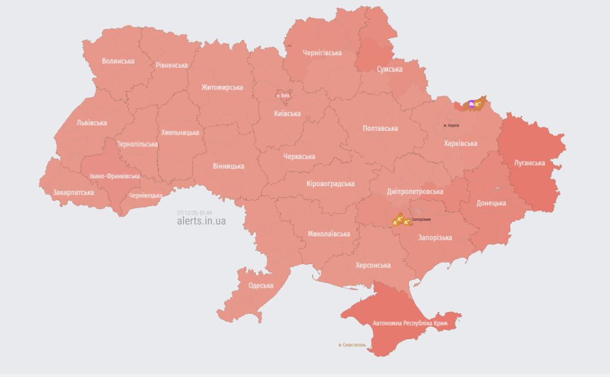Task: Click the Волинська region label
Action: tap(118, 61)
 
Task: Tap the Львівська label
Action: tap(91, 122)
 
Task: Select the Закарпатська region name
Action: tap(73, 192)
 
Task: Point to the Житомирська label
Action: tap(222, 87)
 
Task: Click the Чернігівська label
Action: tap(322, 52)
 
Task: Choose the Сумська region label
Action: tap(390, 69)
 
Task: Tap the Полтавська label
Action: tap(380, 128)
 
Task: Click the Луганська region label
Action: tap(529, 163)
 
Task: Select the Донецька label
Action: tap(491, 203)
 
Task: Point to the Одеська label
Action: tap(260, 286)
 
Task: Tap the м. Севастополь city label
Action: tap(352, 344)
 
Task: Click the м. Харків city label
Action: tap(451, 125)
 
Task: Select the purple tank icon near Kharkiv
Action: tap(472, 103)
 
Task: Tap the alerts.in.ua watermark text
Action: tap(201, 221)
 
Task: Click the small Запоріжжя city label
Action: tap(421, 219)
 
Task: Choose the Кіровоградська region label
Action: tap(330, 184)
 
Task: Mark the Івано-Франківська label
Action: tap(115, 176)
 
